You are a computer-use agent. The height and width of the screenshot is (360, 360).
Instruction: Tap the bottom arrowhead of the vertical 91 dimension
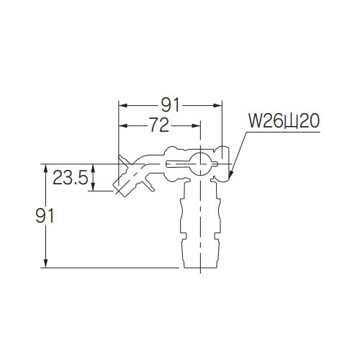point(47,266)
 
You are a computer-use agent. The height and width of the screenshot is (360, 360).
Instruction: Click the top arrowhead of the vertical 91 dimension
point(47,167)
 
